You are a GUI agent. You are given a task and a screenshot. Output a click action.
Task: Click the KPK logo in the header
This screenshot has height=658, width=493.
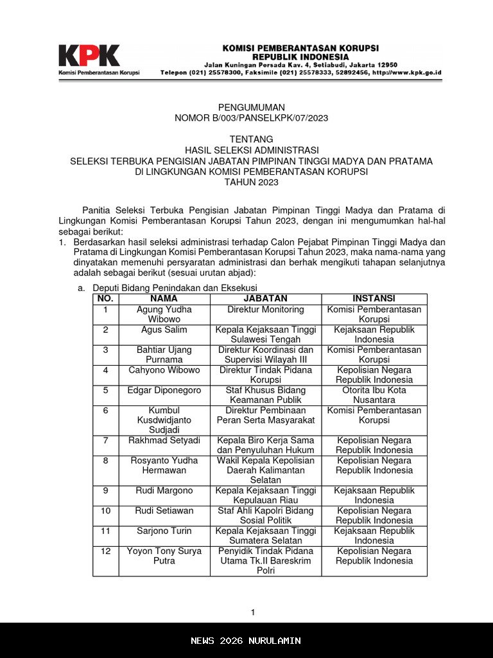89,56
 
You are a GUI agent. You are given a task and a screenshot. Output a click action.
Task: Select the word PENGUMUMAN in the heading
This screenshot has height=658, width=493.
251,107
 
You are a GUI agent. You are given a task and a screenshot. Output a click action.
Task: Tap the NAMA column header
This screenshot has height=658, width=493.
164,299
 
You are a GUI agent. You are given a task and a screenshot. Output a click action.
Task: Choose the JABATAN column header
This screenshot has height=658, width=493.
265,299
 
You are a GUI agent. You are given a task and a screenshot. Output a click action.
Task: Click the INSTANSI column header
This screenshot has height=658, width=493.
374,299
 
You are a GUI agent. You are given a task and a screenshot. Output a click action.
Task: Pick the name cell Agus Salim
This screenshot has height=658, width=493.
164,330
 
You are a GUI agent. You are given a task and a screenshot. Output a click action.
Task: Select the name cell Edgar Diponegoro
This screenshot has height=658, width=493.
164,390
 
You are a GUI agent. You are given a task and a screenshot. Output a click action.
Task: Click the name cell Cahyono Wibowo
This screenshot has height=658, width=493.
164,370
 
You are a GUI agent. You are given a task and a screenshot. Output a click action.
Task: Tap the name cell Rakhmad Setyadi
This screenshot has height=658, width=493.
164,440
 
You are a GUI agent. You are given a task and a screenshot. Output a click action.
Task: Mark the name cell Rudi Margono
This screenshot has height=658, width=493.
164,490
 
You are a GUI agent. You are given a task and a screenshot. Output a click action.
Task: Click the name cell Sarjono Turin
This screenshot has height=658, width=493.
164,531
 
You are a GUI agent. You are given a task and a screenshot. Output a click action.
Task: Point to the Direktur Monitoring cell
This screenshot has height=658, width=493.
265,310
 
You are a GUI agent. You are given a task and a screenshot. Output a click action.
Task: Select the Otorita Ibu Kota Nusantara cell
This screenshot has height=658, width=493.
374,395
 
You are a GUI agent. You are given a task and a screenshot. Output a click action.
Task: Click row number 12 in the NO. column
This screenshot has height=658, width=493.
105,551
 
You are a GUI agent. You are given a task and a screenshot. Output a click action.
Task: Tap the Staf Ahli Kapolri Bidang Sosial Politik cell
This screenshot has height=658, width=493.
265,515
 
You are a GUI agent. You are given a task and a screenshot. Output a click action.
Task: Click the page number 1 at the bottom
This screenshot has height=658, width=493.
253,612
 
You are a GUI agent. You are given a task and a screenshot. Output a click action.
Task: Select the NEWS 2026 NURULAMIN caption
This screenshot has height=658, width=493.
246,641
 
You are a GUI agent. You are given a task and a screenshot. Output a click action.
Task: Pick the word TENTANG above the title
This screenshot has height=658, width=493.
251,139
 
